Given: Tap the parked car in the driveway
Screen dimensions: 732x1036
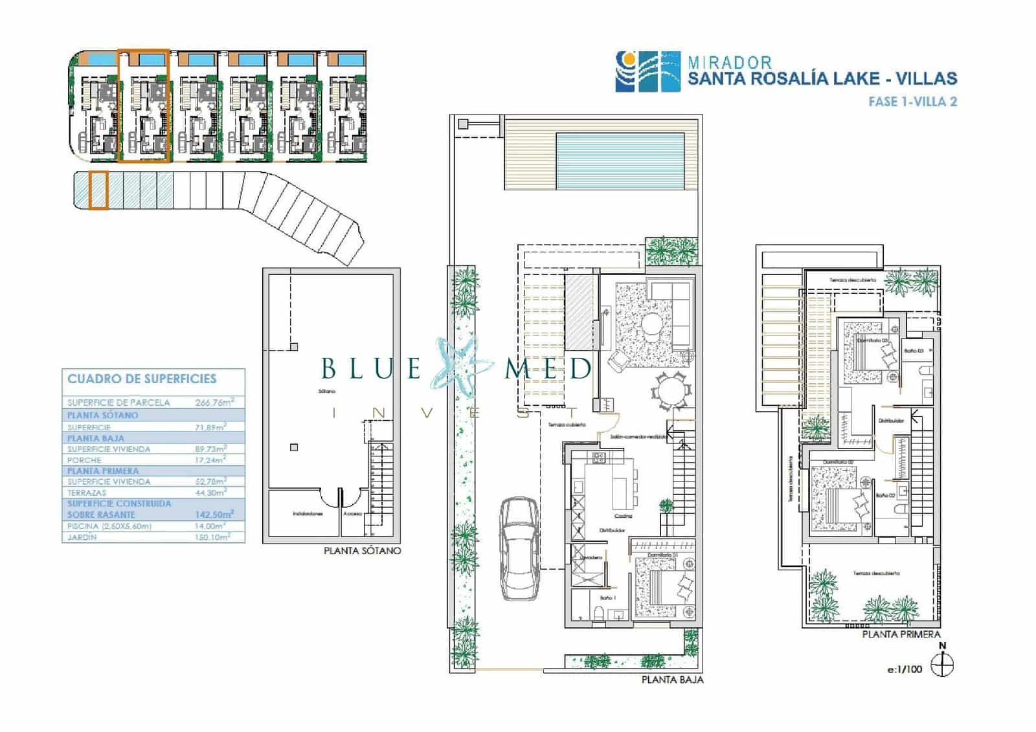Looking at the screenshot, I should (x=519, y=549).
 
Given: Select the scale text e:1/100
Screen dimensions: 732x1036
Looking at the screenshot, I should (x=905, y=669).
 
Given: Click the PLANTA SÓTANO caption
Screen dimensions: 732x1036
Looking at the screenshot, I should (x=362, y=551).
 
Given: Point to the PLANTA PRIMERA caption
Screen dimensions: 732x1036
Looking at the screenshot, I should (x=901, y=634).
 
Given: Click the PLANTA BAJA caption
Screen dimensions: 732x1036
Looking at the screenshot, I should (x=672, y=680).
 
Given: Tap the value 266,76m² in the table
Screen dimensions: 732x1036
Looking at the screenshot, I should (x=214, y=402).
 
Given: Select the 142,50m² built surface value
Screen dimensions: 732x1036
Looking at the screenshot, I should (x=214, y=514).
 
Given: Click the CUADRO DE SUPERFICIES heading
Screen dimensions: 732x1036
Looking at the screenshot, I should (x=142, y=379).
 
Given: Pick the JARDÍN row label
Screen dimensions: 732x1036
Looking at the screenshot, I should (x=82, y=537).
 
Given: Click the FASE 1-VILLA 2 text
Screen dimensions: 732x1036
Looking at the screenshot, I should (x=912, y=102).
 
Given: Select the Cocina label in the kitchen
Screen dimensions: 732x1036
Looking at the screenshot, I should (x=623, y=516).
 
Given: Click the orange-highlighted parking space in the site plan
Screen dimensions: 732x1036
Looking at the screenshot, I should (x=98, y=190).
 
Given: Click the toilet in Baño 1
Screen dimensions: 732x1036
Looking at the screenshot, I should (x=598, y=613).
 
